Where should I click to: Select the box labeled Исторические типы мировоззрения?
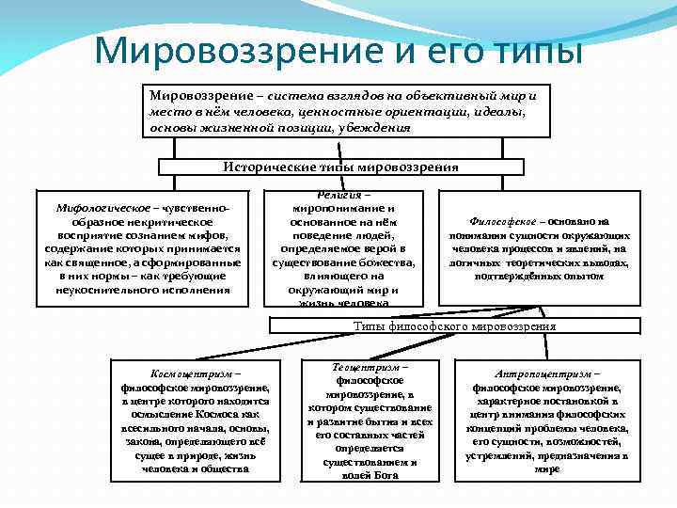tap(340, 167)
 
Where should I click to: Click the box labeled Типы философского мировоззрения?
tap(454, 326)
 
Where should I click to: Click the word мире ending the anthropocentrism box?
tap(546, 468)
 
